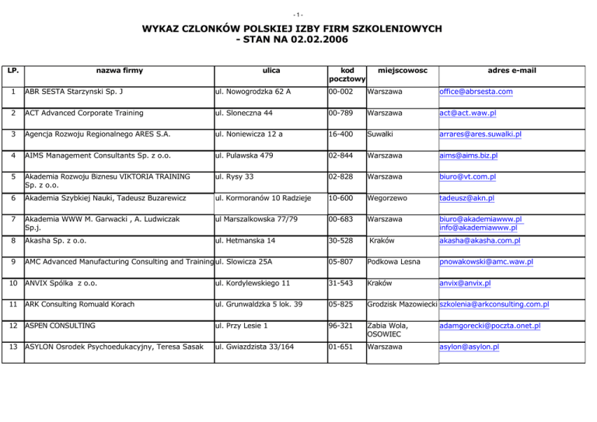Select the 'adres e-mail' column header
tap(510, 70)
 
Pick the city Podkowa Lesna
tap(398, 262)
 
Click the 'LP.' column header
tap(12, 70)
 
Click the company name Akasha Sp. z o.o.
tap(59, 241)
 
